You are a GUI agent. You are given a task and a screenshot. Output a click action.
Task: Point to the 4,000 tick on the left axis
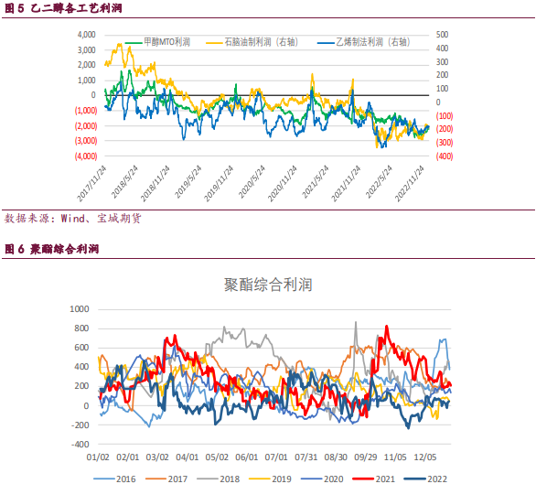(x=87, y=35)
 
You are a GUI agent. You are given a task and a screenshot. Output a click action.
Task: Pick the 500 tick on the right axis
(x=442, y=35)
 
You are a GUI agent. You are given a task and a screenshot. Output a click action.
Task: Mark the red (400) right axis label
(x=445, y=156)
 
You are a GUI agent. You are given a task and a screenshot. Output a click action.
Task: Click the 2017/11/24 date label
(x=91, y=183)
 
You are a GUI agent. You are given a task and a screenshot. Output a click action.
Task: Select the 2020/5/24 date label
(x=252, y=182)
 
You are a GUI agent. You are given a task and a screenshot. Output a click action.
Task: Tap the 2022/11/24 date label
(x=410, y=183)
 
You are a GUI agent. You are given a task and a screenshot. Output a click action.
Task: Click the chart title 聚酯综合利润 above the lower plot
(x=268, y=285)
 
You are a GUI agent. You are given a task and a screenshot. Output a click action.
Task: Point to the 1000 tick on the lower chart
(x=80, y=309)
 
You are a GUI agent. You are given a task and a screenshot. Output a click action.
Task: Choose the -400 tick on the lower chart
(x=80, y=445)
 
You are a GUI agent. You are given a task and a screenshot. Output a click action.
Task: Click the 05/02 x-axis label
(x=217, y=457)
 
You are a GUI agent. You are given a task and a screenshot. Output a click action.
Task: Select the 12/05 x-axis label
(x=425, y=457)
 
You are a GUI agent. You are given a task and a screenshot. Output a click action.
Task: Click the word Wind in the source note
(x=73, y=219)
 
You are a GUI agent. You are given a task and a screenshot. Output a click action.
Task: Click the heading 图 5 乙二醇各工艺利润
(x=63, y=8)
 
